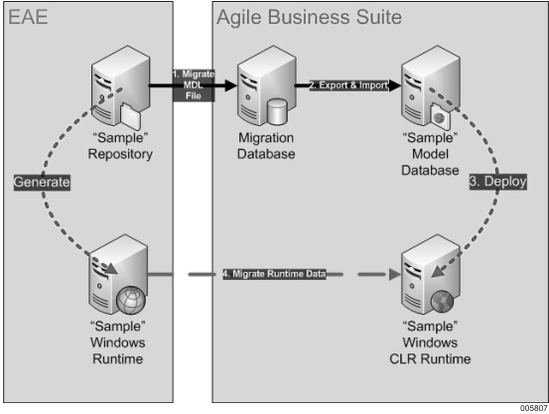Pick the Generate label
[43, 183]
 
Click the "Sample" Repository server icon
[116, 83]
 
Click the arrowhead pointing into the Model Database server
[394, 86]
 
